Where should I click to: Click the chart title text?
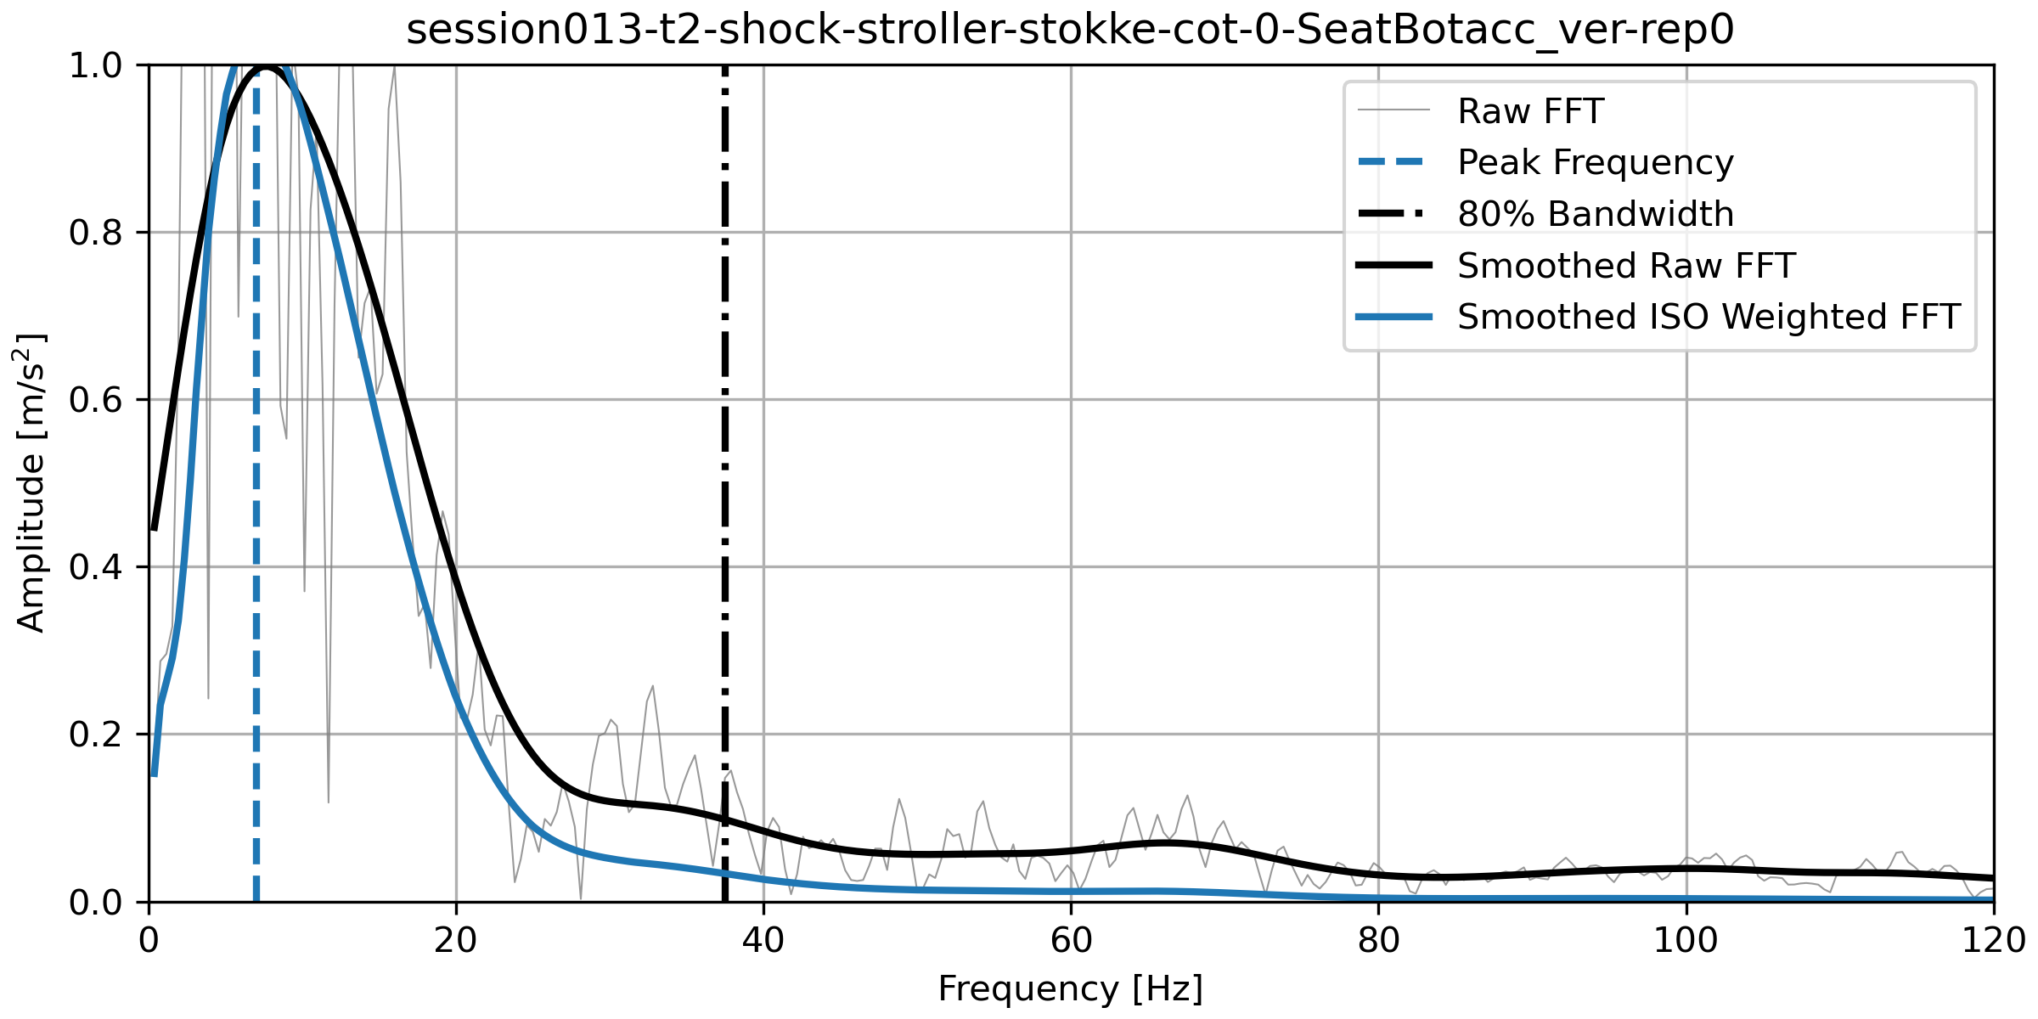(1070, 31)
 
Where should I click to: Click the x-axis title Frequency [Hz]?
(1070, 989)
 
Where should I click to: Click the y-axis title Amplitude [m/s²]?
(31, 482)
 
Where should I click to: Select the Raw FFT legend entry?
(1530, 111)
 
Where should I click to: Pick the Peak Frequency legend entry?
(1595, 162)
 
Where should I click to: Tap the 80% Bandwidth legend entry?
(1595, 214)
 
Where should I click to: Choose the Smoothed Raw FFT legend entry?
(1625, 266)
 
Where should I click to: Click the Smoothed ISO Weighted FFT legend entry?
(1709, 317)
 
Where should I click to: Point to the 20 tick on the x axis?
(456, 941)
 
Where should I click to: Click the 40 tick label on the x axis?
(763, 941)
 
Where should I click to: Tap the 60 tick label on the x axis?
(1071, 941)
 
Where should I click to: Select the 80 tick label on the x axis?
(1378, 941)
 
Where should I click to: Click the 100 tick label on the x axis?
(1686, 941)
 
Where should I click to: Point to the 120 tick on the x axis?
(1993, 941)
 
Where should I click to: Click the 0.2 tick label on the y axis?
(95, 735)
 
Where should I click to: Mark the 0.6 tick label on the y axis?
(95, 400)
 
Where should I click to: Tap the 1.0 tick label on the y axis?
(95, 65)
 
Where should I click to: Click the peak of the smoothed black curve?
(267, 67)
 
